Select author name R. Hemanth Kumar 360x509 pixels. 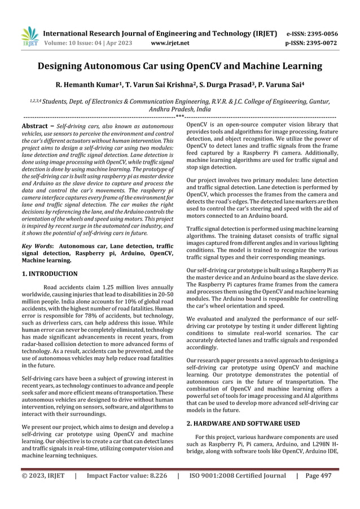click(90, 86)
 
